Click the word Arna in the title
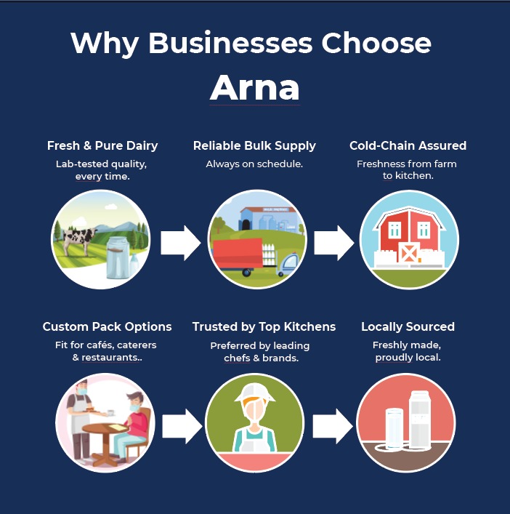tap(254, 87)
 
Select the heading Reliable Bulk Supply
tap(254, 145)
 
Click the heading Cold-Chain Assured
tap(408, 145)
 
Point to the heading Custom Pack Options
tap(107, 326)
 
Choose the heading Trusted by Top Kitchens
tap(264, 326)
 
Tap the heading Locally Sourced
tap(408, 326)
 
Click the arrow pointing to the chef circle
tap(181, 426)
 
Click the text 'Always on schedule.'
tap(254, 164)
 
